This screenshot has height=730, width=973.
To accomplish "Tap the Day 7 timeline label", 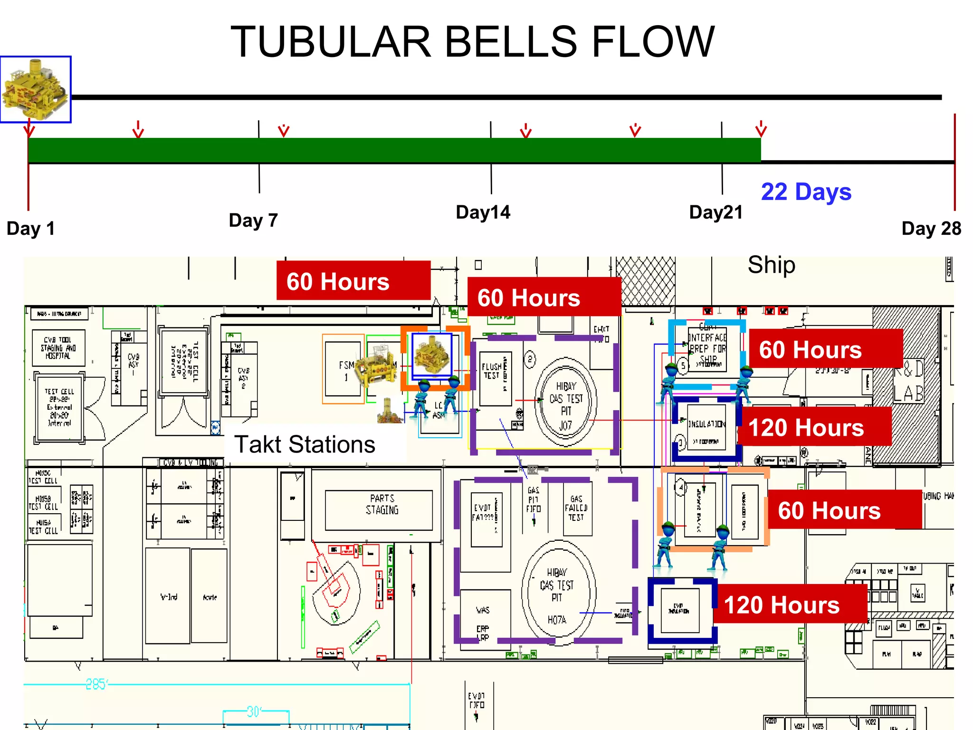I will coord(253,221).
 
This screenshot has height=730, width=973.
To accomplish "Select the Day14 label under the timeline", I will coord(483,212).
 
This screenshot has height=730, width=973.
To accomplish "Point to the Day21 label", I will coord(715,212).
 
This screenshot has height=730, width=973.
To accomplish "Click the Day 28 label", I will coord(931,229).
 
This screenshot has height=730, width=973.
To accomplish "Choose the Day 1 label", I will coord(31,229).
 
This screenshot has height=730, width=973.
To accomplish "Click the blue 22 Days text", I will coord(806,192).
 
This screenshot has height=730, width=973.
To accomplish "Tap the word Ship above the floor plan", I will coord(771,265).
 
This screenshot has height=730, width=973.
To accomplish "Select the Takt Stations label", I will coord(305,445).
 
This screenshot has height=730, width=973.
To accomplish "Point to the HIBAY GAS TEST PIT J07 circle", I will coord(565,404).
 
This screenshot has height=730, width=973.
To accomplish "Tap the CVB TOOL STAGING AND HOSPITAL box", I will coord(58,348).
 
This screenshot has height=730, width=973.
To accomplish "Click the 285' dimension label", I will coord(96,684).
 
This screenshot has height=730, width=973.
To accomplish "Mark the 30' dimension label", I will coord(253,711).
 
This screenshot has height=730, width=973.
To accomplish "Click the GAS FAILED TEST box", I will coord(576,509).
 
